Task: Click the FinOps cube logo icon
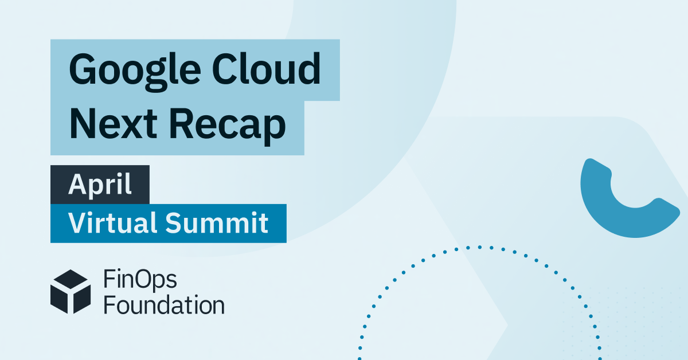(x=71, y=291)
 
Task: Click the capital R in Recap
(x=182, y=124)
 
